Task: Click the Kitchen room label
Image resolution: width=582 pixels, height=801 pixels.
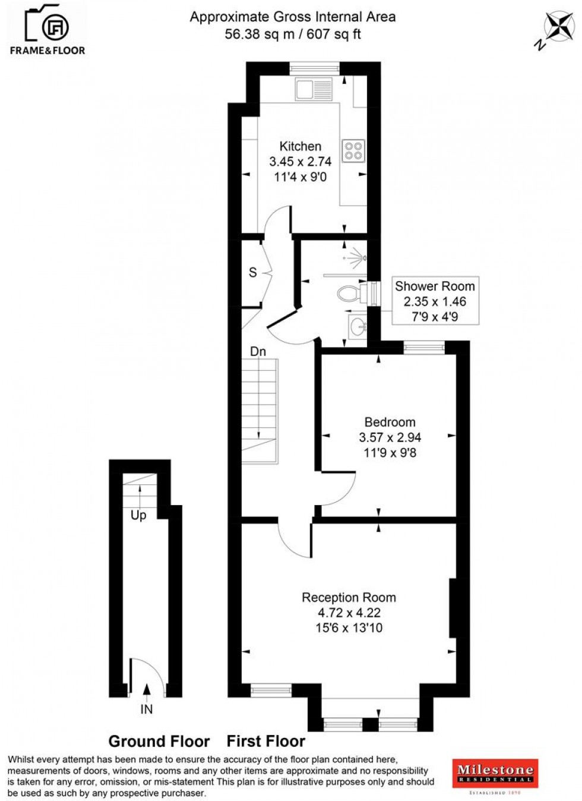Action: click(x=301, y=146)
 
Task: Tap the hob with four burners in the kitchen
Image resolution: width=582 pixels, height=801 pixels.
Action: click(x=353, y=150)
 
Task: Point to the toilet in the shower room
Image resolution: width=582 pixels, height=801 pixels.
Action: click(x=350, y=293)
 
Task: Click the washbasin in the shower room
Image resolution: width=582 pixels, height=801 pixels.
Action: click(x=358, y=326)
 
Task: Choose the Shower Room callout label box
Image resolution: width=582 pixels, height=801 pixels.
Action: click(x=435, y=301)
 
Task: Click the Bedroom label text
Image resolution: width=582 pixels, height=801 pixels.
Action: click(x=390, y=422)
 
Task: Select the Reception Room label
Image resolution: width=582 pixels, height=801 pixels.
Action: click(x=349, y=597)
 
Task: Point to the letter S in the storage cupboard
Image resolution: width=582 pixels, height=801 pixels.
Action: click(x=253, y=273)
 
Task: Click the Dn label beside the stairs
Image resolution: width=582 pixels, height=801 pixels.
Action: click(x=258, y=352)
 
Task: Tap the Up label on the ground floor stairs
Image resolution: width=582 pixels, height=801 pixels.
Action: click(x=138, y=515)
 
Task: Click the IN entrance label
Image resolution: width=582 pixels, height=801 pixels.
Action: click(x=146, y=709)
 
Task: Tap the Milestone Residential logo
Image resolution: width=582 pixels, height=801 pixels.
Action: click(x=495, y=774)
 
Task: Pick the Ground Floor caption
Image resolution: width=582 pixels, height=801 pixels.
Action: click(x=159, y=742)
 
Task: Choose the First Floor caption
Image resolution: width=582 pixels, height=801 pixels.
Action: click(x=266, y=742)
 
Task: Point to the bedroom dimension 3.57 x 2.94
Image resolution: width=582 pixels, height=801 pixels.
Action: click(x=390, y=437)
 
